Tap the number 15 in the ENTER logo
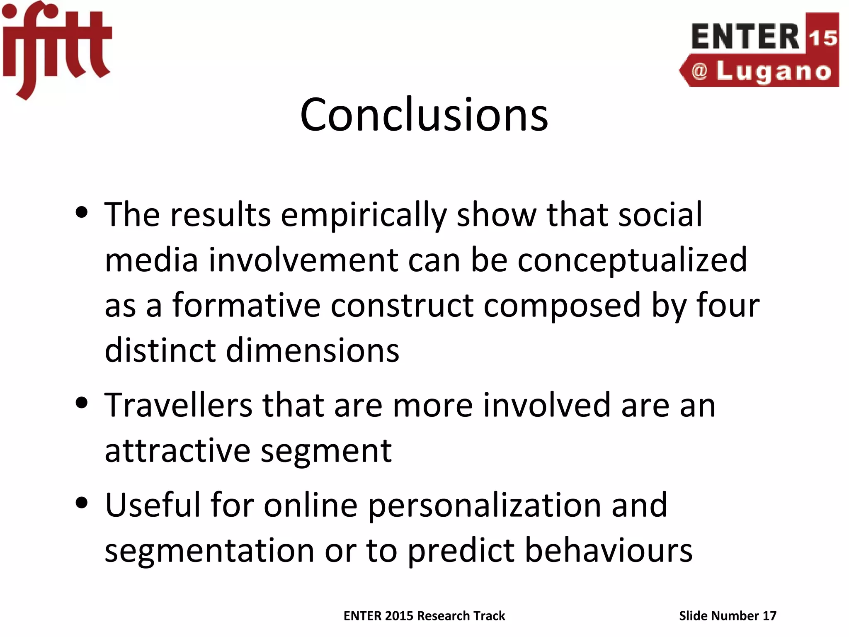[x=822, y=38]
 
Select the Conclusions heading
[x=424, y=115]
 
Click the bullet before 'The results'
[x=82, y=213]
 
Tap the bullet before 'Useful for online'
[x=82, y=503]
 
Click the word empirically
[x=364, y=216]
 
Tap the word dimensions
[x=313, y=350]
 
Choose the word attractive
[x=177, y=451]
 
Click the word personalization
[x=484, y=506]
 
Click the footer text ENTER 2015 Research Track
[x=424, y=616]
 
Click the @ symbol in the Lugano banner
[x=699, y=71]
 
